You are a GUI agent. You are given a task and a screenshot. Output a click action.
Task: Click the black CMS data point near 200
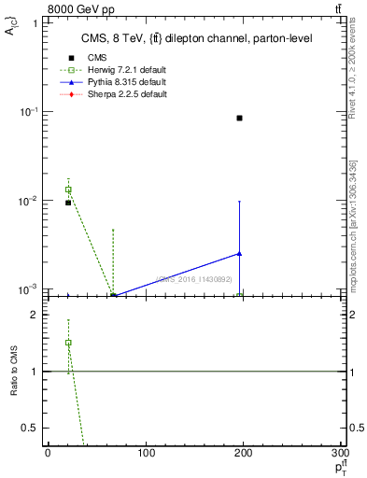(240, 118)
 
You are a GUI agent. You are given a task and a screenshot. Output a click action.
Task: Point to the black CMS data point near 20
(68, 203)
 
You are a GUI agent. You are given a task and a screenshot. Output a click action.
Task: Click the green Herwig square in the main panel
(68, 190)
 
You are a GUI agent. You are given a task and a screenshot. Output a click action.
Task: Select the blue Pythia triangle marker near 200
(240, 253)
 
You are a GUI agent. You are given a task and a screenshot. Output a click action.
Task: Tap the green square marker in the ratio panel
(68, 343)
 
